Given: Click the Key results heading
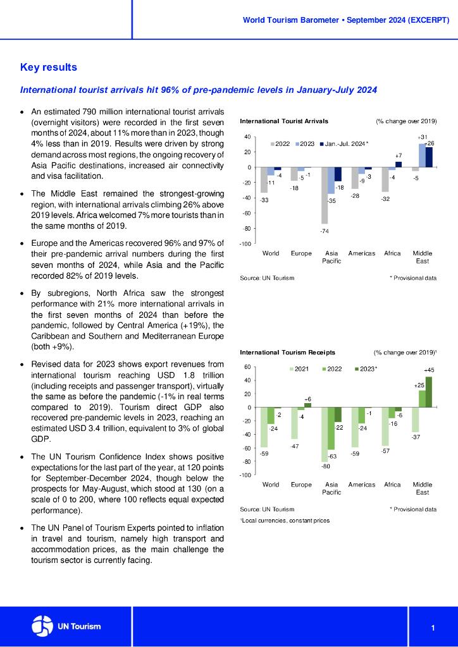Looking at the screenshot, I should coord(49,67).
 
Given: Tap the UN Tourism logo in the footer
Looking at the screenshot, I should coord(66,626).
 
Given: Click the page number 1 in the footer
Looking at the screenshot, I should coord(433,627).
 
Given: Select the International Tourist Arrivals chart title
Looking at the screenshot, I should coord(284,121).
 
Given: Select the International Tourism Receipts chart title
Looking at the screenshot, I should coord(287,352).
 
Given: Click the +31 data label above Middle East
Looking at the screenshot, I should coord(423,137).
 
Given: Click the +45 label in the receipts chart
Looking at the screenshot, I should coord(429,370).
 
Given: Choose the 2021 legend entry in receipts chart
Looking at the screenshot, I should coord(299,369).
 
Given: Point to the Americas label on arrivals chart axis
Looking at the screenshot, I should coord(362,253).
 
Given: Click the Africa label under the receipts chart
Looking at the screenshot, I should coord(392,485).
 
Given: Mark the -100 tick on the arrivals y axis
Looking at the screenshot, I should coord(245,244).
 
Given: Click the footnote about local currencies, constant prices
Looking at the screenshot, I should coord(285,521).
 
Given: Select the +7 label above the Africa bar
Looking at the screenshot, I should coord(399,155).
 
